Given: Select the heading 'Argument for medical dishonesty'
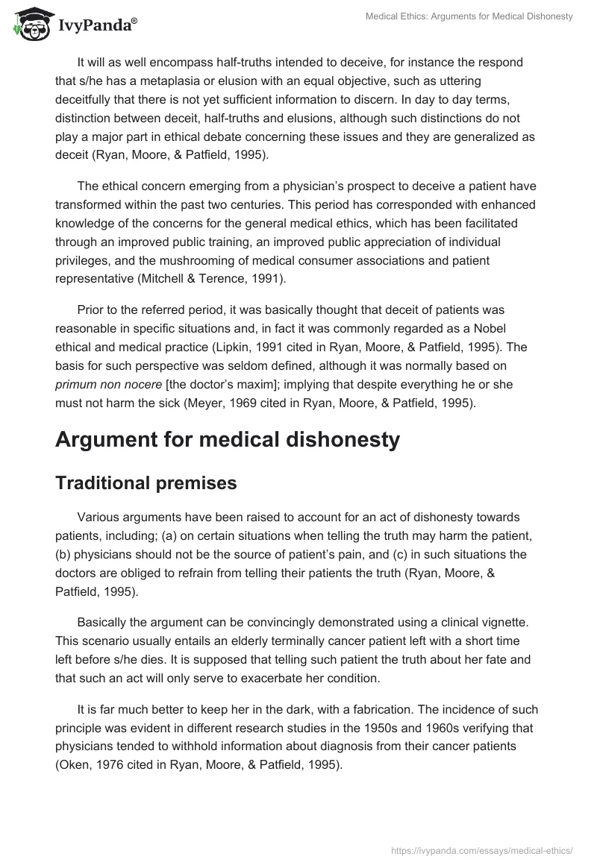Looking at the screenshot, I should pos(228,440).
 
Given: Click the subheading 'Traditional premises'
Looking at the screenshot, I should pos(146,482).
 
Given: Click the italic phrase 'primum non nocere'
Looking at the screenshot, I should pos(102,384).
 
